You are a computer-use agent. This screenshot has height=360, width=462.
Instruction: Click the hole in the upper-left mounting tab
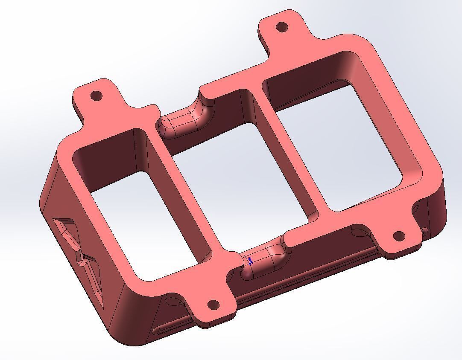(x=97, y=95)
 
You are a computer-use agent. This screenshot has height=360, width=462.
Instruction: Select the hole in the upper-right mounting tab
(x=282, y=27)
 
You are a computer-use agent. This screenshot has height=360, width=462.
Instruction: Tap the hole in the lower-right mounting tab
(x=399, y=236)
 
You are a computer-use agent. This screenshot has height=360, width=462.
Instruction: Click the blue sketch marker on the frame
(x=251, y=261)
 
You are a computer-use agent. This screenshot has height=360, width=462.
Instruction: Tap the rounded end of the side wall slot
(x=157, y=330)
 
